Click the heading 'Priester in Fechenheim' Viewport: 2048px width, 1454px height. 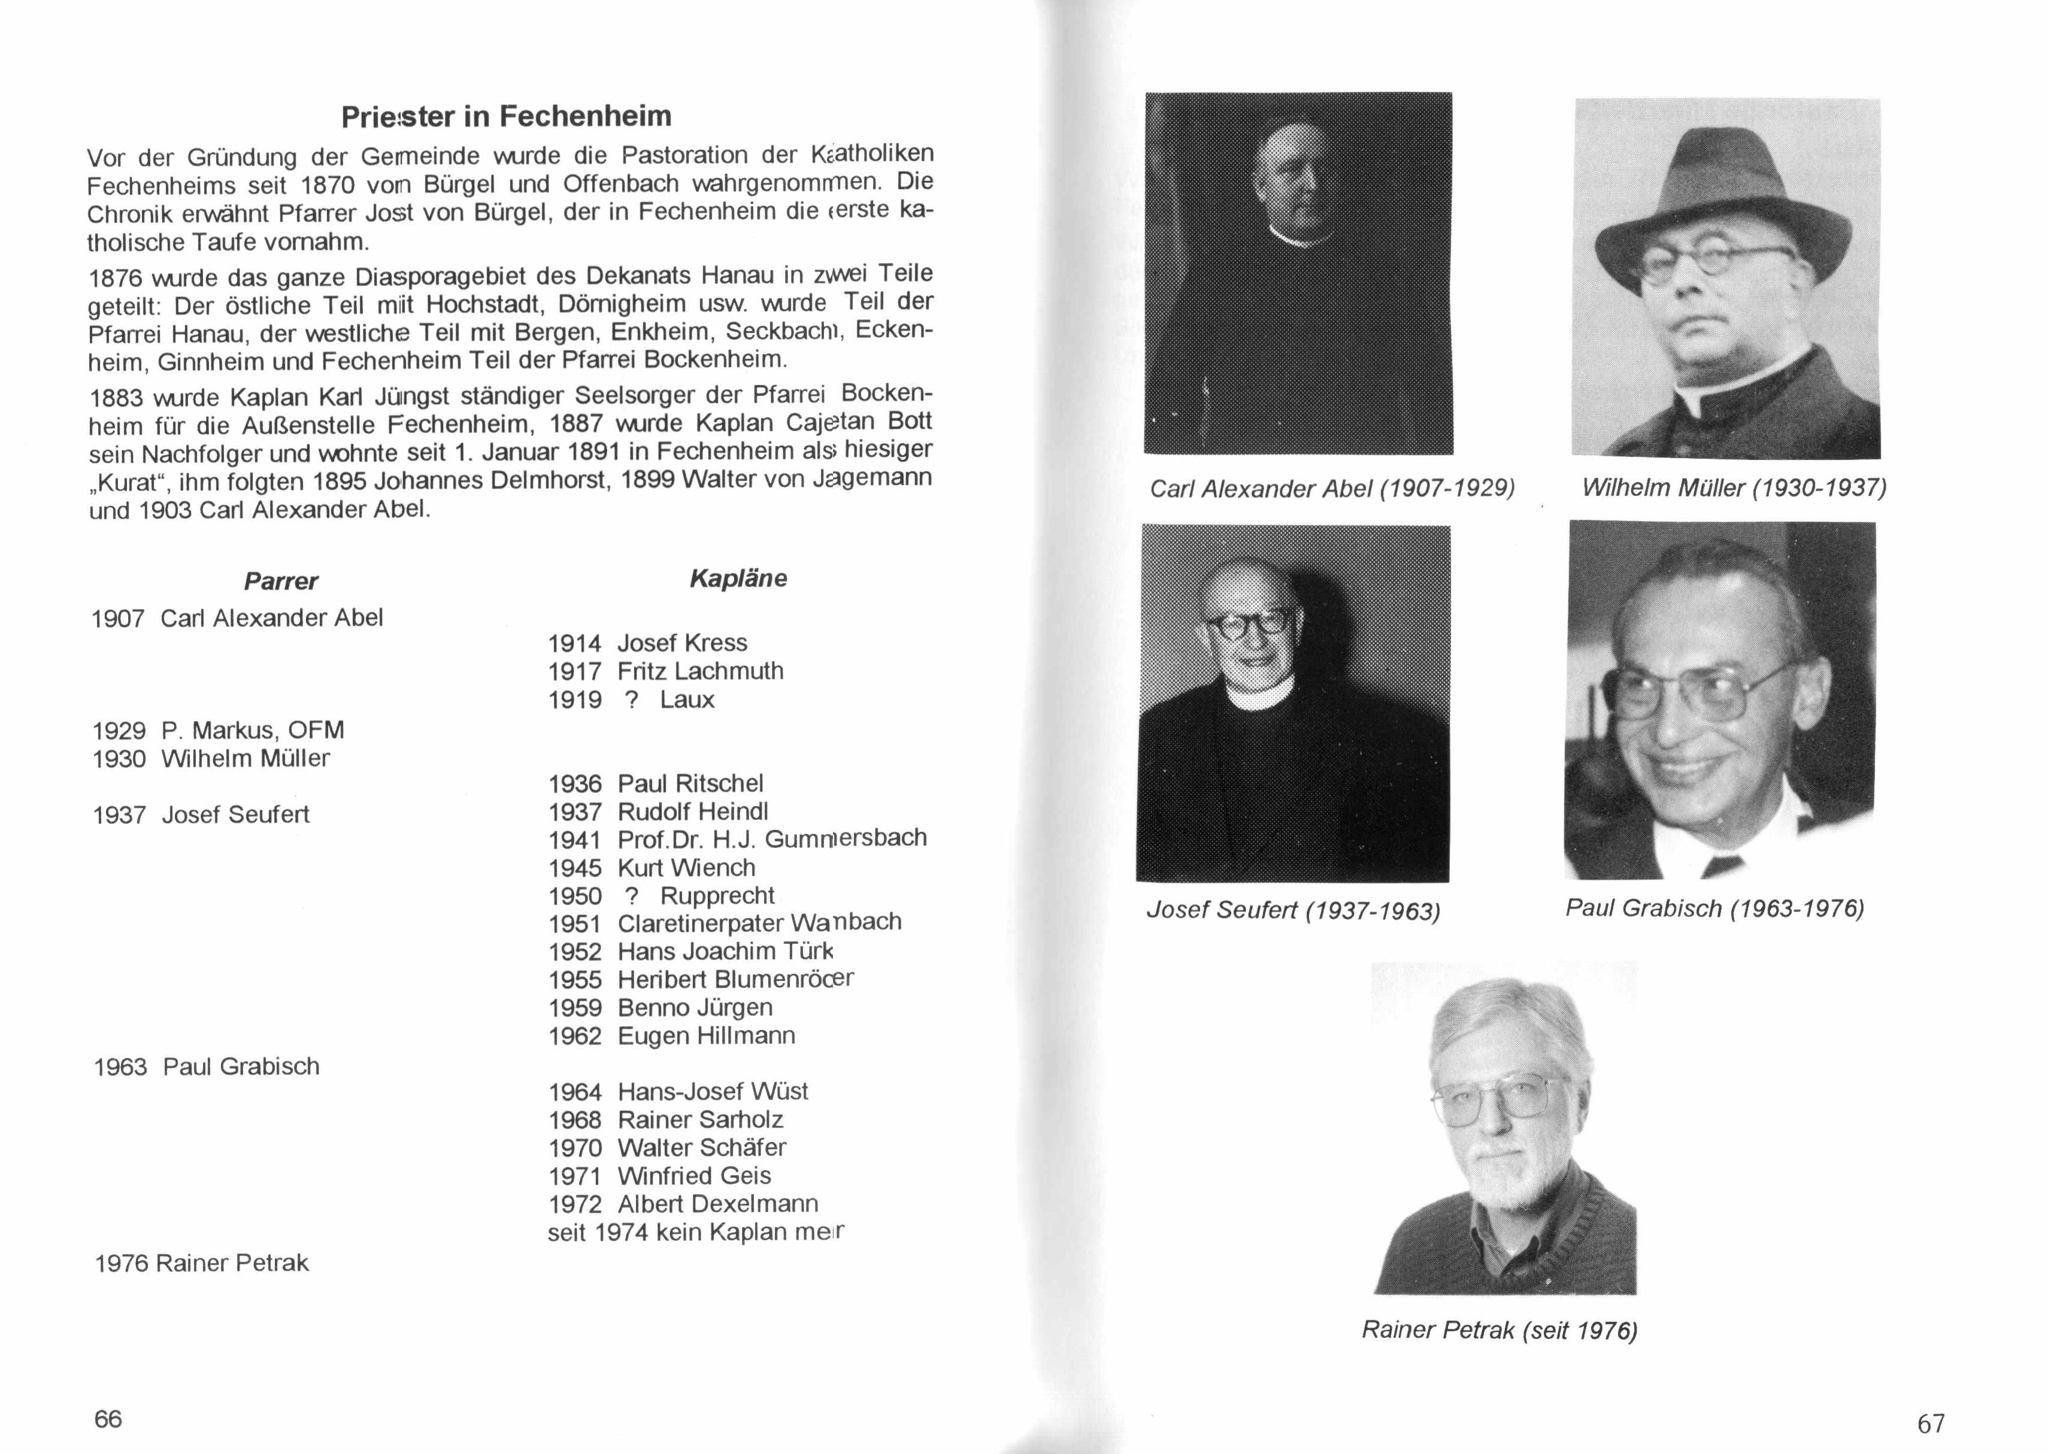point(506,116)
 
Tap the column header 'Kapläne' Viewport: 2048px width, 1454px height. point(738,578)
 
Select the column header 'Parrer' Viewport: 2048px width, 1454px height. point(280,581)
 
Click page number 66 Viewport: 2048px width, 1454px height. point(108,1418)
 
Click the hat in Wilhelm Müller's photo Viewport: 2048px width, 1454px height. point(1723,192)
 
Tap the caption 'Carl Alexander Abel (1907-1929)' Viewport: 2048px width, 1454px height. point(1332,489)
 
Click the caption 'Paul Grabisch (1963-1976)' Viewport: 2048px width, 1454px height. point(1714,909)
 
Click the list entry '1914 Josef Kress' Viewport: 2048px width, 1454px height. point(647,643)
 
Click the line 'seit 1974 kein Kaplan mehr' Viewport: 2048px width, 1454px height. point(695,1233)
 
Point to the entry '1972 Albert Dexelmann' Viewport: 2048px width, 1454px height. point(683,1204)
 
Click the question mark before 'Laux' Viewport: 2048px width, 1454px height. point(632,700)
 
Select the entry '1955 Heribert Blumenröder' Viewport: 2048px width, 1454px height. point(701,980)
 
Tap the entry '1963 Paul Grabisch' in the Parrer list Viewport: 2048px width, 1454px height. point(207,1067)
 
